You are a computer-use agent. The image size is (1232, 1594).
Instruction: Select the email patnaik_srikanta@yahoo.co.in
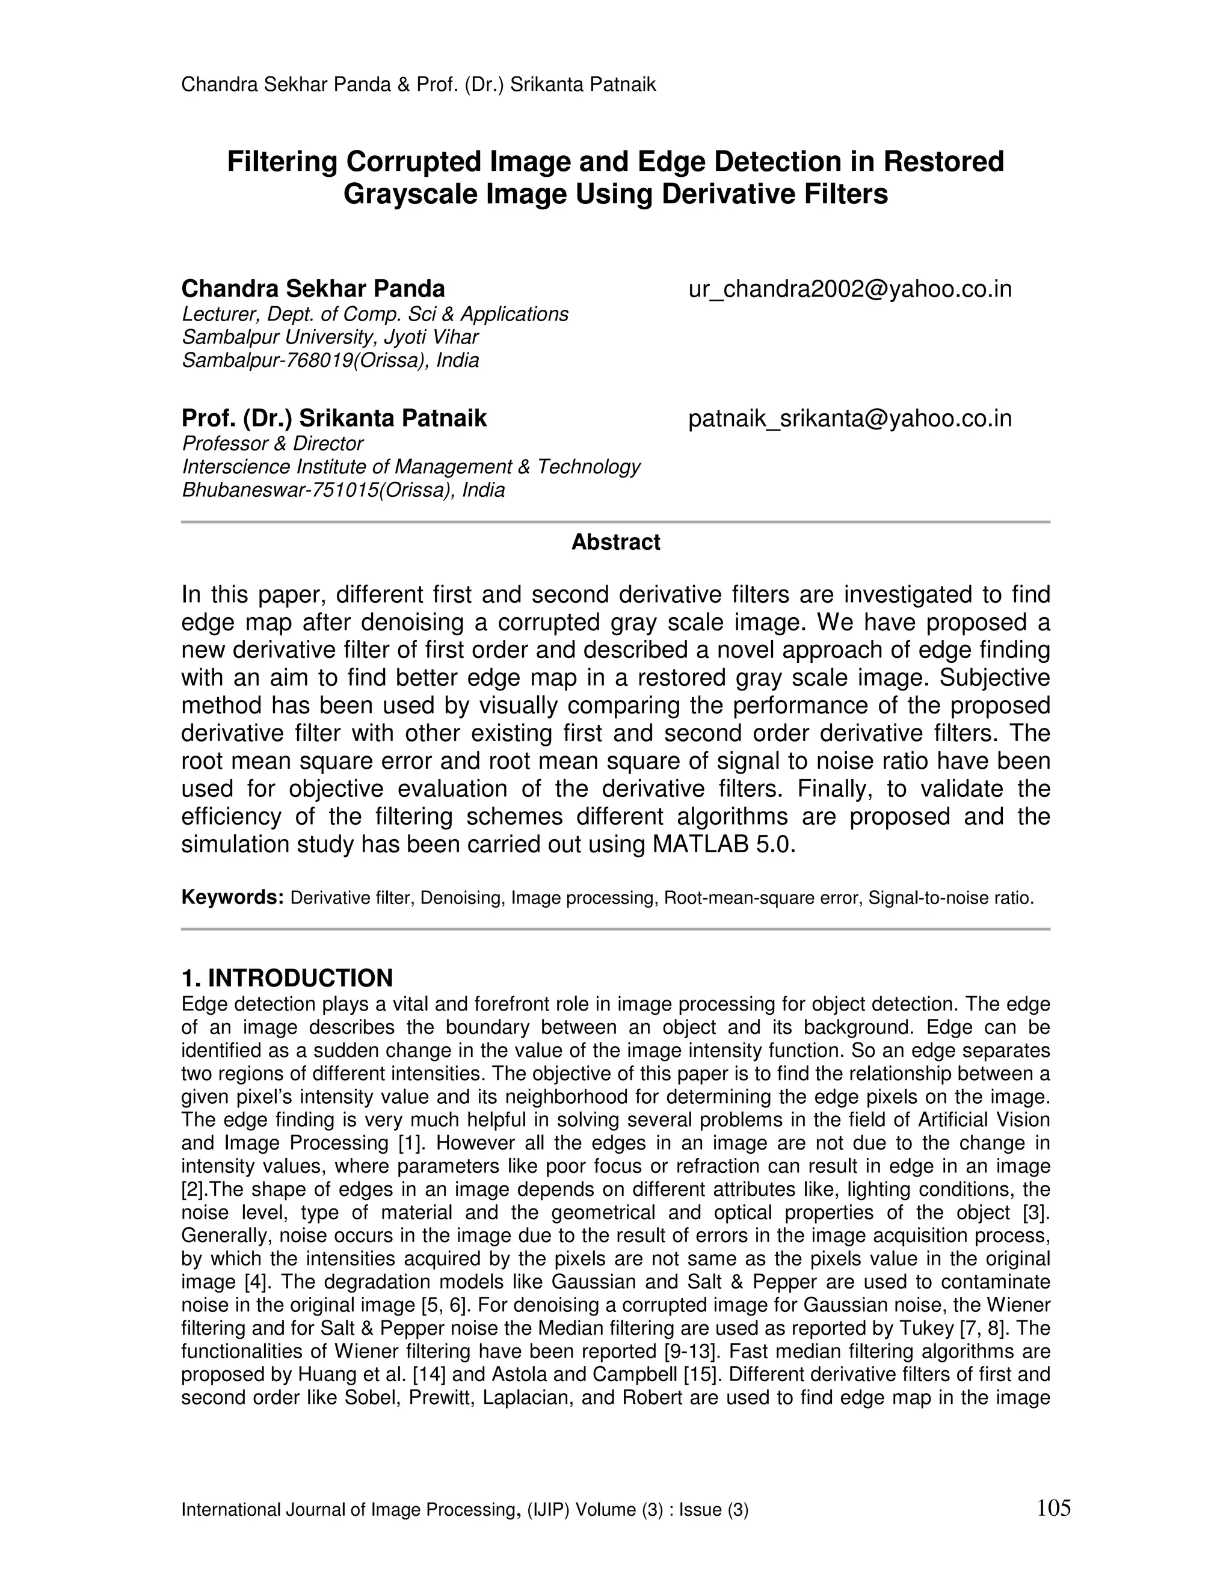click(849, 419)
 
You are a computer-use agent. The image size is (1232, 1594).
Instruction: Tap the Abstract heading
click(615, 543)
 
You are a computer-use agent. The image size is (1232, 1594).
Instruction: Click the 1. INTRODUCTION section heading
click(287, 978)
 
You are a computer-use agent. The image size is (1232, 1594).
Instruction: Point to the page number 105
click(1053, 1507)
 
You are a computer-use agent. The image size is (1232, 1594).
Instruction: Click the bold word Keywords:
click(232, 897)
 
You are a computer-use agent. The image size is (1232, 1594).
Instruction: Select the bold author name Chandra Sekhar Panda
click(313, 289)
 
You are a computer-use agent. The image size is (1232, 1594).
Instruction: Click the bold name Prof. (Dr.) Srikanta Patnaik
click(333, 419)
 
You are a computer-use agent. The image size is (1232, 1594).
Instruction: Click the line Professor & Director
click(273, 444)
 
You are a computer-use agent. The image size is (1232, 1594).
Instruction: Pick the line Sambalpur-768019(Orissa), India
click(330, 360)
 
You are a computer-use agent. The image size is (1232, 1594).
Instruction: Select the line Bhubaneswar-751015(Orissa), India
click(343, 490)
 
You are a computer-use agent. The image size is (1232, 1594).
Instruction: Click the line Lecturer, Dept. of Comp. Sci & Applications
click(374, 315)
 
